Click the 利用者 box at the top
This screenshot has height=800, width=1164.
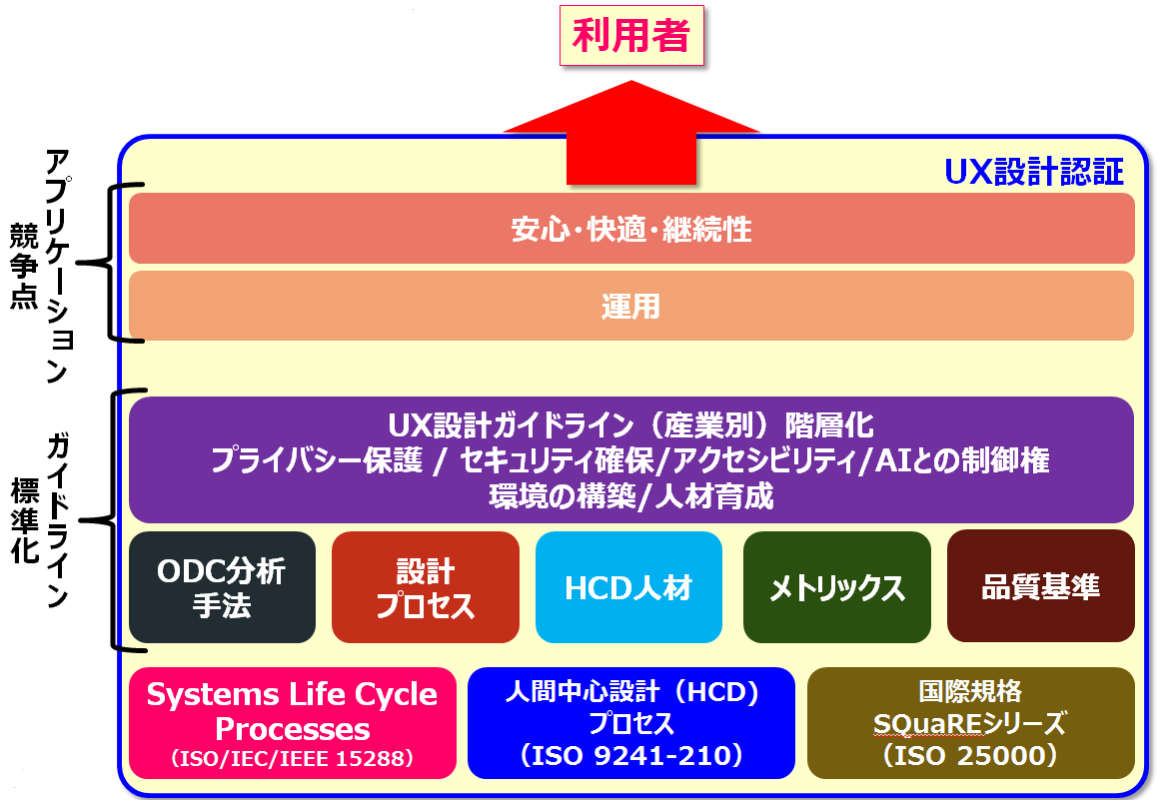pos(631,37)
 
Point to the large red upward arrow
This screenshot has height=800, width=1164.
pos(631,130)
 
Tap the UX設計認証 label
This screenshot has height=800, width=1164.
pos(1034,172)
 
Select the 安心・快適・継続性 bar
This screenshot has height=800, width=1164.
pos(631,230)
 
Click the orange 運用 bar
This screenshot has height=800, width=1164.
pos(631,306)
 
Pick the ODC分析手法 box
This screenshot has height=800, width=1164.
pos(222,587)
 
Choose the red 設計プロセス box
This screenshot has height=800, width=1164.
pos(426,587)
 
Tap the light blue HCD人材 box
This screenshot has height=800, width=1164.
pos(628,587)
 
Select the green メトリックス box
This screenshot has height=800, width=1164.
pos(836,587)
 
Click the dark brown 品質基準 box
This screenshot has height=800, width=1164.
pos(1040,587)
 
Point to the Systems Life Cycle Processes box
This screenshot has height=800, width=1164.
pos(292,711)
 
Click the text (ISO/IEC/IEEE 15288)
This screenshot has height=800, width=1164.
pos(292,759)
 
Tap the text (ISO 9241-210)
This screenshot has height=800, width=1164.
pos(630,757)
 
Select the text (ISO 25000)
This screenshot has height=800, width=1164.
pos(970,757)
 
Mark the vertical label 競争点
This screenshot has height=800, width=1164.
pos(22,266)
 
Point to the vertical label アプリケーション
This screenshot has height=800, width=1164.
pos(57,266)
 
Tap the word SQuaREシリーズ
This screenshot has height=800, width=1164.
pos(970,722)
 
